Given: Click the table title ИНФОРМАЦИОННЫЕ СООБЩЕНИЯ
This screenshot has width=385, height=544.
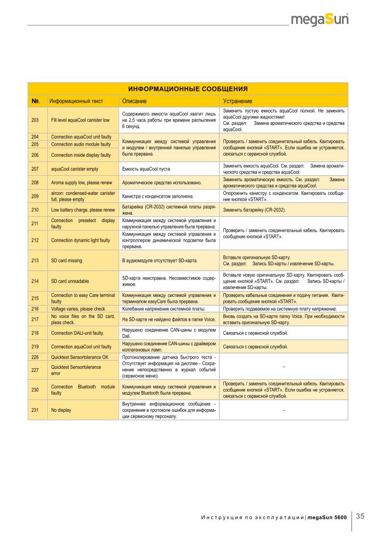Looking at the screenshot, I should point(188,88).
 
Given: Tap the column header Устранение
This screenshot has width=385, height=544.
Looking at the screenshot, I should point(237,101).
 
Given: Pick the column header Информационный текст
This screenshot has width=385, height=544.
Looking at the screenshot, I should point(76,101).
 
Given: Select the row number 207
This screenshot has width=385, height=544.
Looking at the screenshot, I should point(35,169).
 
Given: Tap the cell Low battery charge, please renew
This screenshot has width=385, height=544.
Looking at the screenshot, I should point(83,210).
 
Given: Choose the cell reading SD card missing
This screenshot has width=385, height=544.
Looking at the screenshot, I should point(66,261).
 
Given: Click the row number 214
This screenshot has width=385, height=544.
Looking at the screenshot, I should point(35,280).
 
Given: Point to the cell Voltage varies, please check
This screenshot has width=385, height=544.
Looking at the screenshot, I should point(78,309).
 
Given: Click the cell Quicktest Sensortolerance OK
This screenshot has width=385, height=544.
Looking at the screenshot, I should point(80,357).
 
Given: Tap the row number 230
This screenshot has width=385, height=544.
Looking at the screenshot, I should point(35,389).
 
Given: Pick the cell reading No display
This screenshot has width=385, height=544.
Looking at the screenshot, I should point(61,410).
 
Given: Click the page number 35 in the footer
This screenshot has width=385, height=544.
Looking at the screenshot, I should point(360,515).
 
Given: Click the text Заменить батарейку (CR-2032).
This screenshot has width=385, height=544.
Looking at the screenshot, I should point(255,210).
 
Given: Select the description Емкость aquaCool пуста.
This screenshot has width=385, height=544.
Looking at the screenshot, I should point(147,169).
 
